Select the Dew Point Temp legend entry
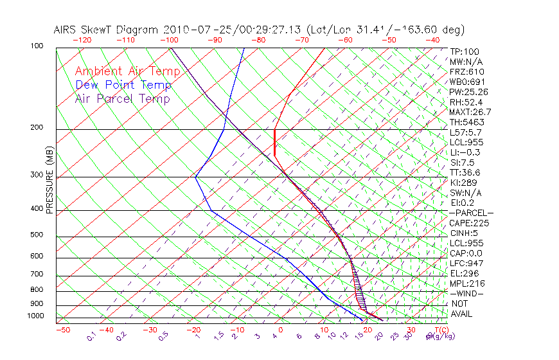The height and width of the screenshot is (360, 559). pos(123,85)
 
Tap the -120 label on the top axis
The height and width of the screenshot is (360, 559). pos(82,40)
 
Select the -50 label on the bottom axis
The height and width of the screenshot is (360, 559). pos(62,330)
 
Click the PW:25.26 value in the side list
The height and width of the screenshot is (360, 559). pos(468,92)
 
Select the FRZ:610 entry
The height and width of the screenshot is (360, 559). pos(466,72)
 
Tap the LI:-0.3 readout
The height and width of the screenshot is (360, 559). pos(466,152)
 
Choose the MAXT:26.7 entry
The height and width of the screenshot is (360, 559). pos(470,112)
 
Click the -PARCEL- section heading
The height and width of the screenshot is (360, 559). pos(471,213)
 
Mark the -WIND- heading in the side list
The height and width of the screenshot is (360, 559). pos(466,293)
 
